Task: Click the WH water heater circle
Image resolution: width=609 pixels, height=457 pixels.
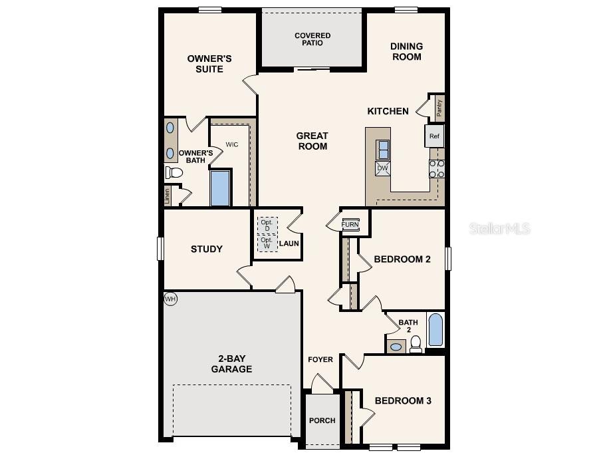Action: (170, 299)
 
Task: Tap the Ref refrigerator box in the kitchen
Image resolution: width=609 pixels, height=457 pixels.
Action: (434, 136)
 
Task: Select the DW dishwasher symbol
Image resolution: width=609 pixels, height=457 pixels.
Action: (382, 168)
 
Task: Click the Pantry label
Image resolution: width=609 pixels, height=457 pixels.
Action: (439, 107)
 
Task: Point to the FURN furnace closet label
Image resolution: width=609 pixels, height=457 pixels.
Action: (350, 224)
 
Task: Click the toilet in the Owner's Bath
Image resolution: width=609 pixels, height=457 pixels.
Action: (174, 173)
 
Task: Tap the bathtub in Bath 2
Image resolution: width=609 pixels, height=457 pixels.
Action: (435, 330)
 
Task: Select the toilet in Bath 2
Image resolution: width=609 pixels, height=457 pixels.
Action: (416, 343)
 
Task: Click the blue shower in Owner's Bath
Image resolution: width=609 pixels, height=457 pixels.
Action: (221, 188)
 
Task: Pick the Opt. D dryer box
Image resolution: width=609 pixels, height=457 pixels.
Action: (267, 225)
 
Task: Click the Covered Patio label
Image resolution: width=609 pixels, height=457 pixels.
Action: (312, 39)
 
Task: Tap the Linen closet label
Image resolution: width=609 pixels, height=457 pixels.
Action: (168, 196)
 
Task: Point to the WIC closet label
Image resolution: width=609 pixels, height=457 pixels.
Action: (231, 144)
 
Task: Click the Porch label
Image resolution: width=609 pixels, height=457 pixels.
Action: (322, 420)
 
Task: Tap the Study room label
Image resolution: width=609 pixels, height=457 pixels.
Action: (207, 249)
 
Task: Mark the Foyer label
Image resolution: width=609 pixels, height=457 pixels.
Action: (320, 360)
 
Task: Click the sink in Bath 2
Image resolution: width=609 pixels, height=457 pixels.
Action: (396, 347)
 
